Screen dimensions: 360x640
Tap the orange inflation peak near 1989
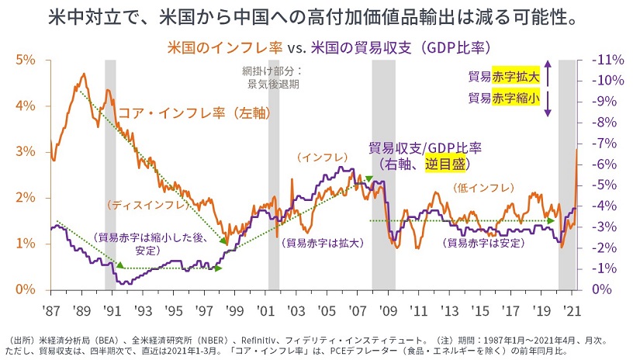[83, 74]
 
